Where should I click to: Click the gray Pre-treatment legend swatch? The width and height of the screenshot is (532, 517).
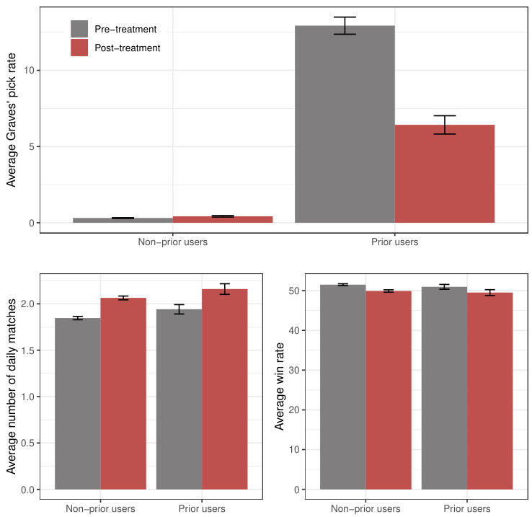79,29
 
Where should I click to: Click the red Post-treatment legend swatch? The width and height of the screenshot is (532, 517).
79,48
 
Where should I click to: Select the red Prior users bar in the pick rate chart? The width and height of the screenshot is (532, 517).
445,174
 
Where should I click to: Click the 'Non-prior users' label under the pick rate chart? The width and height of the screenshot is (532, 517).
173,242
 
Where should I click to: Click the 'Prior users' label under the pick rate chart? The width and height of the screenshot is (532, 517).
395,242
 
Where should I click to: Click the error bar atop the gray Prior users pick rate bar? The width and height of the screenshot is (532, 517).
345,25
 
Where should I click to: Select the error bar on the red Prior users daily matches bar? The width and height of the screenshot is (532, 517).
224,289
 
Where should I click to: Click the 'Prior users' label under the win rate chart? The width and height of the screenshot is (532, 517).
466,508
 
